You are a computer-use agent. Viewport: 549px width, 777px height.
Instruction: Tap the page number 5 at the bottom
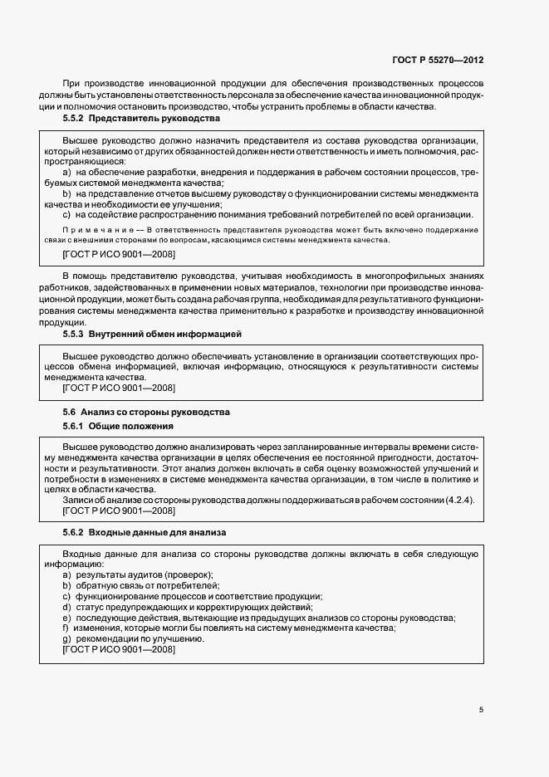pos(481,710)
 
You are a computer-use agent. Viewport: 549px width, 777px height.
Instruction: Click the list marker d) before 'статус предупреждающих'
pos(66,608)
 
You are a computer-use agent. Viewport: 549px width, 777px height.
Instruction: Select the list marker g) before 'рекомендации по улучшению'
pos(66,639)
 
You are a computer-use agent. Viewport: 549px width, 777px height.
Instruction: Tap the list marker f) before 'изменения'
pos(66,628)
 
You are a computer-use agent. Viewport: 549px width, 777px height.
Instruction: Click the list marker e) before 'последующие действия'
pos(66,618)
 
